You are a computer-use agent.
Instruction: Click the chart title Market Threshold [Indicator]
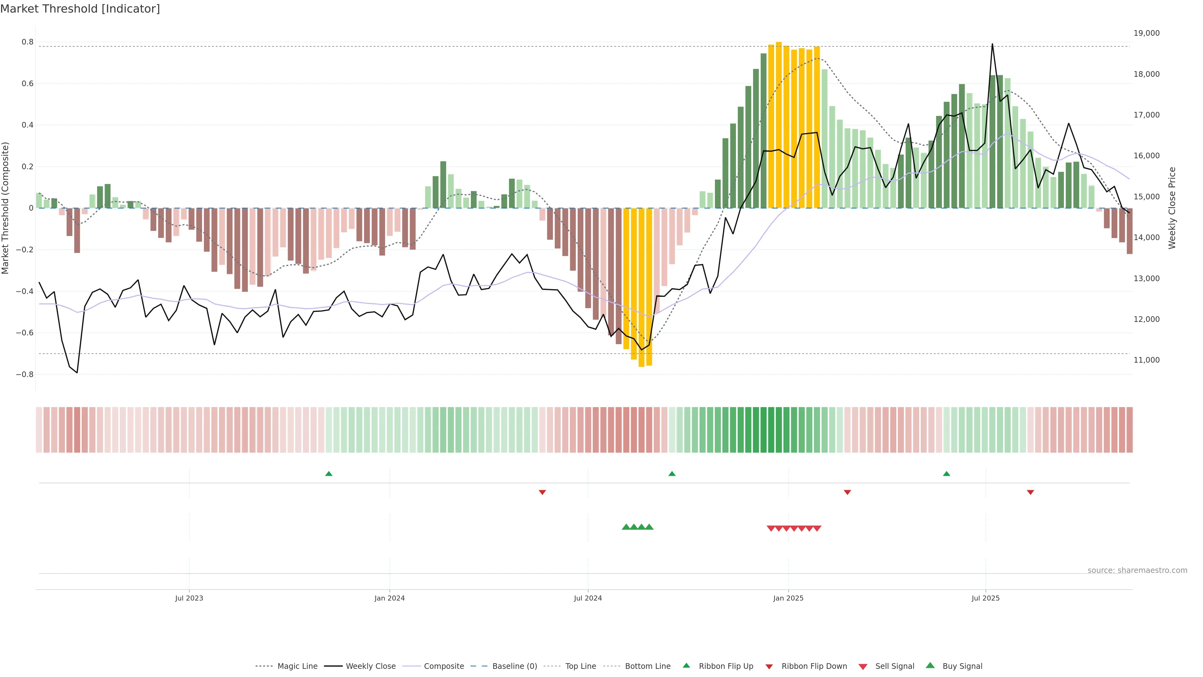coord(80,9)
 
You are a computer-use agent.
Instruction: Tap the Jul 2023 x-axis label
coord(189,598)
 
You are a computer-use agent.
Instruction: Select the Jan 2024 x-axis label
coord(389,598)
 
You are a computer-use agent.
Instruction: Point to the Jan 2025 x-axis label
coord(788,598)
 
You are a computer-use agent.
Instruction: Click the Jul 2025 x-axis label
coord(985,598)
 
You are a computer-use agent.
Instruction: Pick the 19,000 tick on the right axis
coord(1147,33)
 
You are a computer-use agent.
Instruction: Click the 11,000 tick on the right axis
coord(1147,360)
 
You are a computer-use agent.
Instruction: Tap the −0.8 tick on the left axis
coord(25,374)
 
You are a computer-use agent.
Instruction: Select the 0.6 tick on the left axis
coord(28,84)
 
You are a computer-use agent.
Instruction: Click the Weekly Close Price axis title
coord(1172,208)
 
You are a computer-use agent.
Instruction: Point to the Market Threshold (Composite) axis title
coord(6,208)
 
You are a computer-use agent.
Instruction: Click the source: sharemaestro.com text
coord(1137,570)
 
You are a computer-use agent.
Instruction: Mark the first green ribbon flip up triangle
coord(329,474)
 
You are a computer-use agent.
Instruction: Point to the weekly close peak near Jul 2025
coord(992,45)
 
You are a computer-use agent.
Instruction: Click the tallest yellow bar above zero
coord(779,125)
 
